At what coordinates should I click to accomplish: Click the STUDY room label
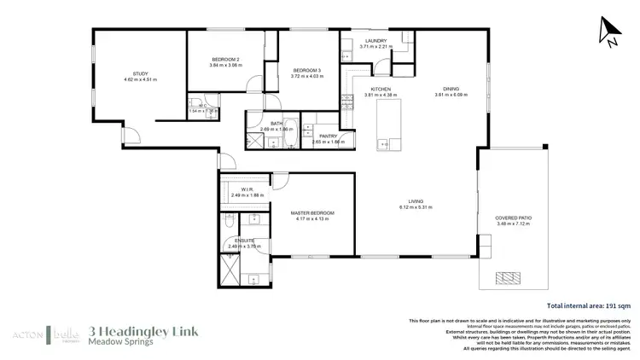pos(141,74)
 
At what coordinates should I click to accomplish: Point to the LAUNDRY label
pos(375,41)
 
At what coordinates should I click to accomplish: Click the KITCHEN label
pos(381,89)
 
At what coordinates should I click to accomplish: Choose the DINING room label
pos(451,89)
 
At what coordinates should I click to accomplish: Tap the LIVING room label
pos(416,201)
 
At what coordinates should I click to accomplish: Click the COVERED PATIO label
pos(513,218)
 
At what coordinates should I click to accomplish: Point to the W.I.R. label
pos(247,189)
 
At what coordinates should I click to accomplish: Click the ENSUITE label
pos(245,241)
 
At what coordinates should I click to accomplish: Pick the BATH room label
pos(276,124)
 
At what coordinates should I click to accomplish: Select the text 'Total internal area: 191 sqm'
pos(589,305)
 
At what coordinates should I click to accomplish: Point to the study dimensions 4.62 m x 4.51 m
pos(141,80)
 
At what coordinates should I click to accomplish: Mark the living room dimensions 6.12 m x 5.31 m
pos(416,207)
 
